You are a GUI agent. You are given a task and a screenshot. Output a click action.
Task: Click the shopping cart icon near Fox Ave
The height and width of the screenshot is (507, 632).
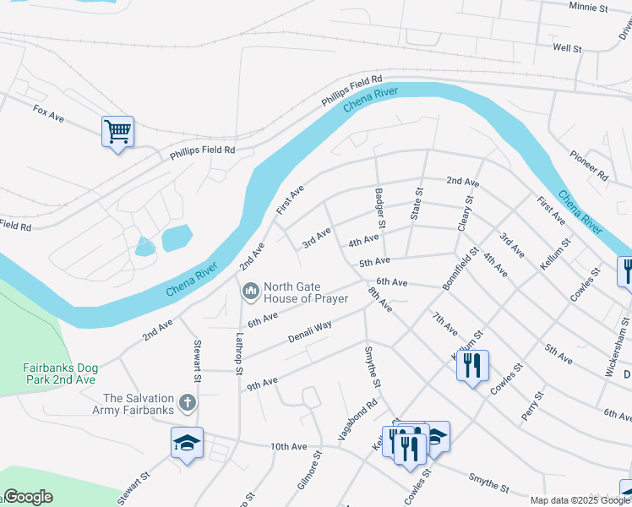pyautogui.click(x=117, y=132)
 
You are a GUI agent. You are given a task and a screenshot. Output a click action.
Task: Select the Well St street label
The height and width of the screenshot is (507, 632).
pyautogui.click(x=567, y=49)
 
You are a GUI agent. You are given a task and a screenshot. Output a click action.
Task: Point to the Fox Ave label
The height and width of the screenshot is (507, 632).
pyautogui.click(x=49, y=111)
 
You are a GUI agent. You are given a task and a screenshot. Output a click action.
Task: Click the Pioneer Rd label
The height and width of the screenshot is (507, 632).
pyautogui.click(x=589, y=166)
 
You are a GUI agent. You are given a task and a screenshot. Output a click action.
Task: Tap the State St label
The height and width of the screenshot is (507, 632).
pyautogui.click(x=416, y=204)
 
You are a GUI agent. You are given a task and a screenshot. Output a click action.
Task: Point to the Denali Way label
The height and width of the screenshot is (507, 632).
pyautogui.click(x=310, y=329)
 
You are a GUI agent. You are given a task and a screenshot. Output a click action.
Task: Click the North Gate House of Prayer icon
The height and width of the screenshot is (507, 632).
pyautogui.click(x=250, y=292)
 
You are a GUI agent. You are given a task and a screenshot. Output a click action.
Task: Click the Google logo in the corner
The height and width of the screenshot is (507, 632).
pyautogui.click(x=28, y=497)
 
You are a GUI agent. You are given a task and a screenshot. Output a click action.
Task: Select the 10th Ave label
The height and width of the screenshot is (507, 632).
pyautogui.click(x=287, y=446)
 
